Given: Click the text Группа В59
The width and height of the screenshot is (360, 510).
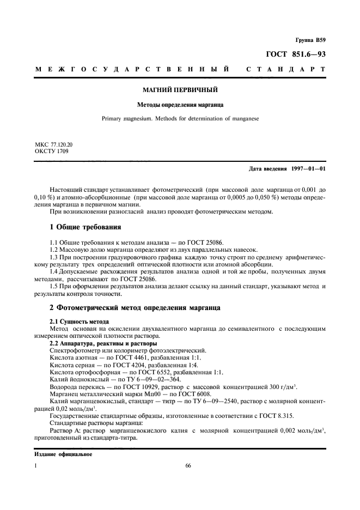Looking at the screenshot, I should click(x=310, y=40).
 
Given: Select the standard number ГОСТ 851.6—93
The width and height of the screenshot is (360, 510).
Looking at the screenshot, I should click(x=296, y=54).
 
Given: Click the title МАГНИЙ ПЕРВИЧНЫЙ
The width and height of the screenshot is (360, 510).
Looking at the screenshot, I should click(x=180, y=89).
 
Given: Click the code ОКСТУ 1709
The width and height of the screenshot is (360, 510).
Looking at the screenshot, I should click(x=50, y=151).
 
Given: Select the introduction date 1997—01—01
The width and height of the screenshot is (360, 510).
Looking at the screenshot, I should click(x=306, y=168).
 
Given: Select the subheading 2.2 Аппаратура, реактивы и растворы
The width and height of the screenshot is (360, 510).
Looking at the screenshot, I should click(x=103, y=344).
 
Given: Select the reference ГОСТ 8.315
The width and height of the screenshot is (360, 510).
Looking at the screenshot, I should click(x=276, y=416).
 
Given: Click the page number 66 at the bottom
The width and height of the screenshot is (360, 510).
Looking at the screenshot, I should click(x=188, y=466).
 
